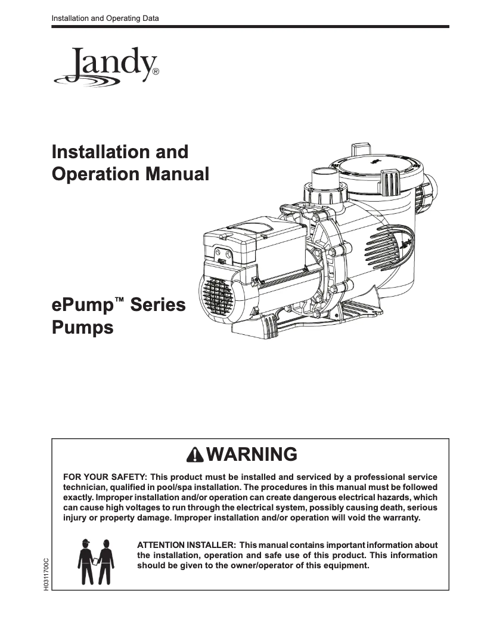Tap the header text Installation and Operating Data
[x=105, y=19]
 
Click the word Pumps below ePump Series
[x=83, y=328]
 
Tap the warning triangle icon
[x=194, y=455]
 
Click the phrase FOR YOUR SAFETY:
[x=105, y=477]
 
